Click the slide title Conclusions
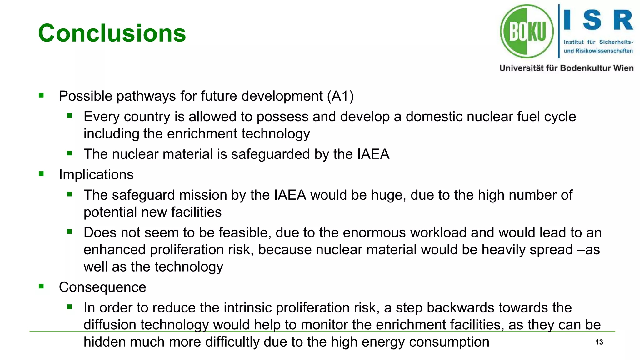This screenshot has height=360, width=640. click(112, 33)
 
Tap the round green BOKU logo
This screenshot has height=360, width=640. click(527, 31)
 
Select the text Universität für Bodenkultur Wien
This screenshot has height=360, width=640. click(566, 68)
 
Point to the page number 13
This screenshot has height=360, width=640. click(599, 342)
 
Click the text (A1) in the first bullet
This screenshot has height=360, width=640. click(340, 96)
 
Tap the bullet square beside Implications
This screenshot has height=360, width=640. click(41, 174)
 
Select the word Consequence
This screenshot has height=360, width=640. click(102, 287)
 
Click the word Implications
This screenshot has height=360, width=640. click(96, 174)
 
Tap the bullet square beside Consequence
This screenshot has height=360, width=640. click(41, 286)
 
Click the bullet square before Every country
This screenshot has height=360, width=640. click(69, 116)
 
